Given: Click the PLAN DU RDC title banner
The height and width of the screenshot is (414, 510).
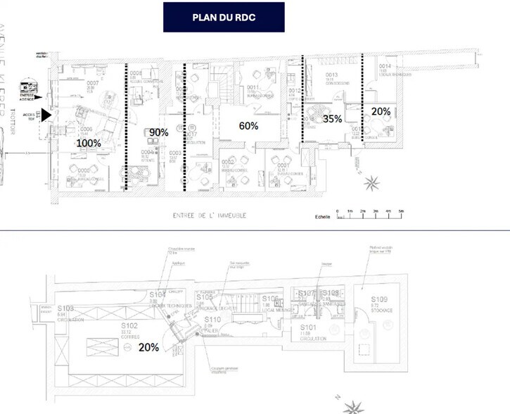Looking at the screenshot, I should coord(224,17).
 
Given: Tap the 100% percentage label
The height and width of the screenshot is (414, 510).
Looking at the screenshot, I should coord(89,142).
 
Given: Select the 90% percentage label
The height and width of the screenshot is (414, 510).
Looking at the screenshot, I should coord(159,132).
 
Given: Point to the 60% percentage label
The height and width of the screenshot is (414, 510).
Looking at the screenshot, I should coord(248,126).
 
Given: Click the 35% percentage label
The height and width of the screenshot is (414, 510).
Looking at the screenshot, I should coord(332,119).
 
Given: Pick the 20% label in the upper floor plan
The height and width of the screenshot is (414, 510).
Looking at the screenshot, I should coord(381,111).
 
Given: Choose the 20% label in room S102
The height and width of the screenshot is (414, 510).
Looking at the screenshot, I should coord(148,347).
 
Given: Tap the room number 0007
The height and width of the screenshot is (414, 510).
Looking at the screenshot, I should coord(93,84).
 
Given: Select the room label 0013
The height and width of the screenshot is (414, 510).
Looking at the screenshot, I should coord(332,75).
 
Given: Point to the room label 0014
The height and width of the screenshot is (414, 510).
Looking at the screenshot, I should coord(385,67).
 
